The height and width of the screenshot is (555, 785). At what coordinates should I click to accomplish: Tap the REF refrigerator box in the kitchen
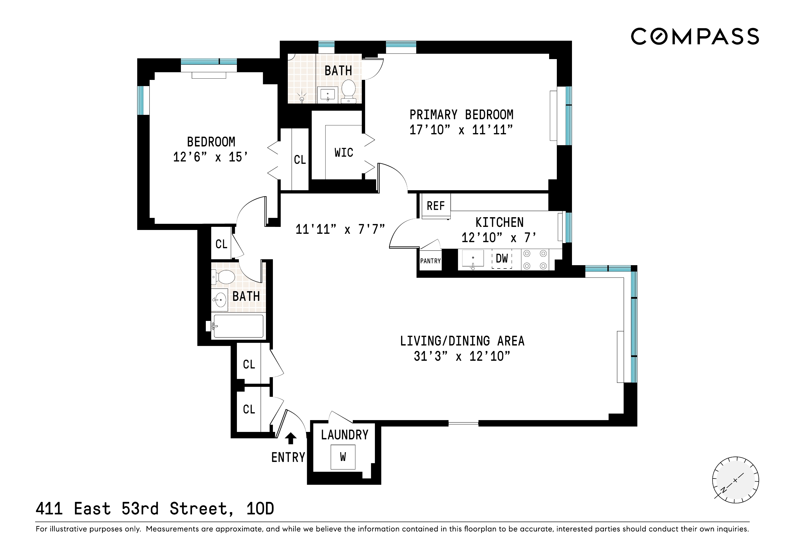(436, 206)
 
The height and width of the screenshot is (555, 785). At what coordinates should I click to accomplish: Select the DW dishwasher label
(502, 258)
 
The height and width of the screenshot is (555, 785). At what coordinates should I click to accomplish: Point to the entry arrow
(291, 438)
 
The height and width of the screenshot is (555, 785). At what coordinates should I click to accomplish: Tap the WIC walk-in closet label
(344, 153)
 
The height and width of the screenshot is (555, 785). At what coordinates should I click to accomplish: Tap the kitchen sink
(473, 258)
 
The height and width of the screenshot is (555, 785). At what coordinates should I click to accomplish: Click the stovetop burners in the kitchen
(535, 260)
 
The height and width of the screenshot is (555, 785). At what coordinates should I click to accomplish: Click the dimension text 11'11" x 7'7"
(340, 229)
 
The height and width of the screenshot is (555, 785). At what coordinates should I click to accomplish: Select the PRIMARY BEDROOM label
(461, 115)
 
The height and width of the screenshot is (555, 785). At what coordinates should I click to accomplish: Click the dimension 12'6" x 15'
(210, 157)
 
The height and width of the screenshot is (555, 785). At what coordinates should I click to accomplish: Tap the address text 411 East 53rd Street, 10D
(154, 508)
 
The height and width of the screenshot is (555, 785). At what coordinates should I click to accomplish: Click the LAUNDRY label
(344, 435)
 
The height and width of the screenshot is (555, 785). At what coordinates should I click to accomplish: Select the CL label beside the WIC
(300, 160)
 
